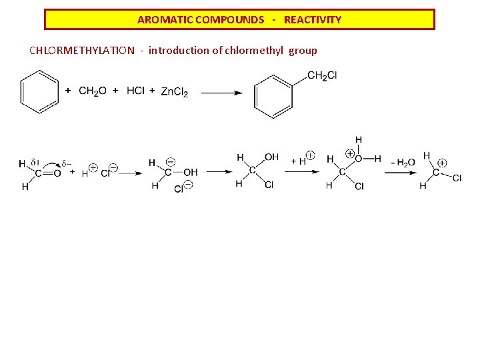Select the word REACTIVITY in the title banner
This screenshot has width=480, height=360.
click(313, 20)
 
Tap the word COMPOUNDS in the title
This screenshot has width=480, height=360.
click(229, 20)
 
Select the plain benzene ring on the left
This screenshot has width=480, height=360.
click(39, 92)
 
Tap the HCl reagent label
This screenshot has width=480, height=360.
click(135, 91)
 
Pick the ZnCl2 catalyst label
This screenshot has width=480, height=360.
click(175, 92)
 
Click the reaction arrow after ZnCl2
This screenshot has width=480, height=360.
click(221, 93)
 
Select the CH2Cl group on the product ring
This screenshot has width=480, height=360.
click(322, 76)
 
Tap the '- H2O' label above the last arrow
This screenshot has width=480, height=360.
click(402, 163)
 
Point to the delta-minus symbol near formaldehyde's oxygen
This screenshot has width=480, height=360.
click(66, 163)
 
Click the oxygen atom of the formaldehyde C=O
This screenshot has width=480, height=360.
click(57, 173)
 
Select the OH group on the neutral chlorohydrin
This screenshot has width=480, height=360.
click(271, 157)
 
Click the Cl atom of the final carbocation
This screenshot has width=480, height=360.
click(457, 178)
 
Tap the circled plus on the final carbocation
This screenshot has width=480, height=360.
click(442, 163)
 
